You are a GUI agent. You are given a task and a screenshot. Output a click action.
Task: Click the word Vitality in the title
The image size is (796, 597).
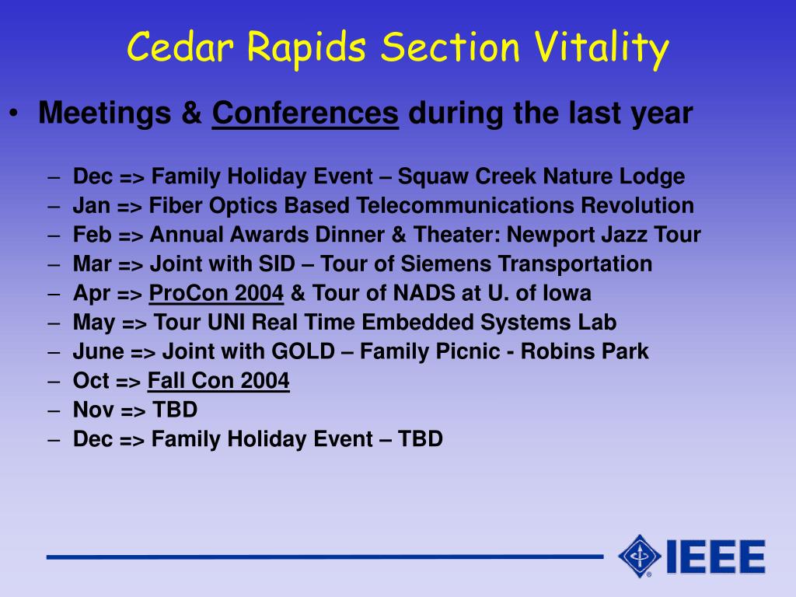(602, 48)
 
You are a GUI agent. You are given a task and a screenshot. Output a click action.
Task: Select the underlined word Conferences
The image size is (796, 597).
(305, 113)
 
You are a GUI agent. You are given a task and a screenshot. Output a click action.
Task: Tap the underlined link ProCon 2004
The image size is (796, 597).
(216, 293)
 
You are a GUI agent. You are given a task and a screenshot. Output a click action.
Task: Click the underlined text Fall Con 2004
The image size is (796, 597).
(218, 380)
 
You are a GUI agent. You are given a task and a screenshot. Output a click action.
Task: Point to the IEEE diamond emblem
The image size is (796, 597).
(639, 556)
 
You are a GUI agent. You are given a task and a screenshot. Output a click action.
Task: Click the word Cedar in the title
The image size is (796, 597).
(180, 47)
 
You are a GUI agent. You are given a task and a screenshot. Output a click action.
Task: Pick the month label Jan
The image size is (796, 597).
(92, 205)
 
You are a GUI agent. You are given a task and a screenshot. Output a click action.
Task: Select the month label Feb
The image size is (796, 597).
(92, 235)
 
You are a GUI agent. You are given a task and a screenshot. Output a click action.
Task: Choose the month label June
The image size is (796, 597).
(99, 351)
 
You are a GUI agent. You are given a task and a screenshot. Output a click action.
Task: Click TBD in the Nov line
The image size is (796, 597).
(175, 410)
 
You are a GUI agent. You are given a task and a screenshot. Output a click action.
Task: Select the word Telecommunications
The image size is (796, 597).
(465, 205)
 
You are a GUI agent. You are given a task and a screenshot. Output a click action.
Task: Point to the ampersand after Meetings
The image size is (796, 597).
(191, 113)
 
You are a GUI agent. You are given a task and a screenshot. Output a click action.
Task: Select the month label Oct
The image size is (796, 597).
(92, 381)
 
